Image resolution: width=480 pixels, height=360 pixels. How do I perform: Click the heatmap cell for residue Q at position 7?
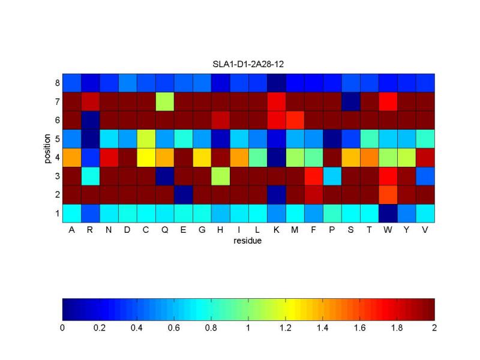coord(165,100)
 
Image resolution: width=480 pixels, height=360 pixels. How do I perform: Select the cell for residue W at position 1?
coord(388,213)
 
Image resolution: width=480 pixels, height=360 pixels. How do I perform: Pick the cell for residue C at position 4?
coord(146,157)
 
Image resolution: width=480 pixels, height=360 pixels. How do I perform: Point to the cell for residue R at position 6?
coord(90,119)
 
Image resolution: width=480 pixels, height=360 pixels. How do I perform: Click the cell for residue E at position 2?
coord(184,194)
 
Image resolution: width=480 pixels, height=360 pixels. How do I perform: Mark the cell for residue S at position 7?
coord(351,100)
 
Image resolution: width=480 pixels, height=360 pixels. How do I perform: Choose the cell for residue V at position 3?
coord(425,175)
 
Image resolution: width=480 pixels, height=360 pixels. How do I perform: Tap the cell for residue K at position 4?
coord(277,157)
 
